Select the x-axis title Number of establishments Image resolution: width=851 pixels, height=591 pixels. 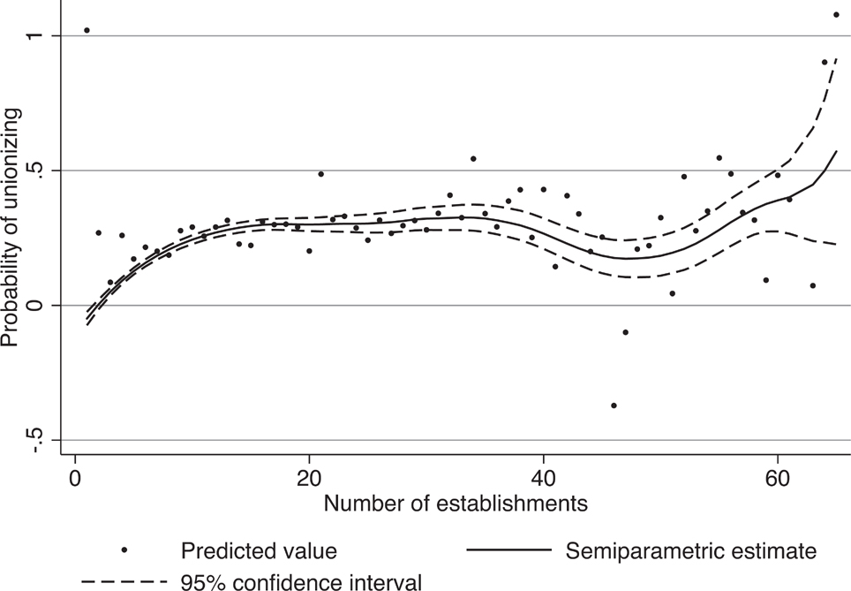pos(456,504)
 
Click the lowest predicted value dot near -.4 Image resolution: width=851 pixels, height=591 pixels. pos(614,405)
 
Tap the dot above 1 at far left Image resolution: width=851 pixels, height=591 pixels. pos(87,30)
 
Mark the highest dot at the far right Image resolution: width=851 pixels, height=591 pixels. pos(836,15)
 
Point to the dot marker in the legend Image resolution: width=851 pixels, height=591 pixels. pos(124,550)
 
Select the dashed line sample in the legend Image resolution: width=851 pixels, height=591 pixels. pos(124,581)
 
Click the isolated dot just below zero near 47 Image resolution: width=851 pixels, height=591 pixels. pos(625,332)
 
